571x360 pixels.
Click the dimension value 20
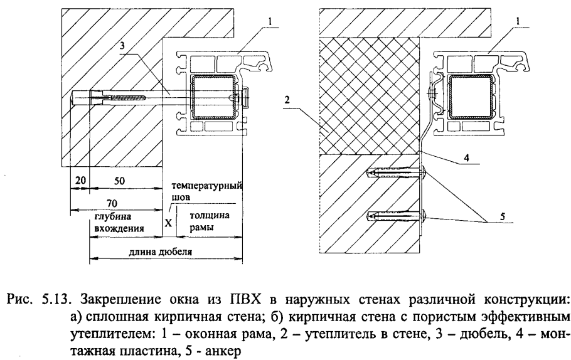tap(79, 180)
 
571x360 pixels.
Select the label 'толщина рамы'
tap(203, 221)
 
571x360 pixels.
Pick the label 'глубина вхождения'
tap(116, 221)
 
